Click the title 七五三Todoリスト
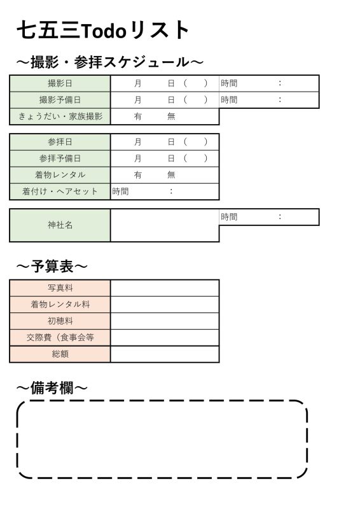(103, 30)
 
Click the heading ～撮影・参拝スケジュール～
(110, 62)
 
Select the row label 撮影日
(60, 83)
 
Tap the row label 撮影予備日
(60, 100)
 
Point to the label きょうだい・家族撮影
(60, 116)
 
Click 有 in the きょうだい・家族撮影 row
(138, 116)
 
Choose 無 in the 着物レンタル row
(171, 175)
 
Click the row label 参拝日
(60, 142)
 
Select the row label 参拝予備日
(60, 158)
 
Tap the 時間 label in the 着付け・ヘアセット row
(120, 192)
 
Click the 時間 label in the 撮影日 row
(229, 83)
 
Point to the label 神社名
(60, 225)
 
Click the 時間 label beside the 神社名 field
(229, 217)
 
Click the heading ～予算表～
(52, 267)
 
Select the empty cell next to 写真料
(165, 288)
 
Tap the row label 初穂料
(60, 321)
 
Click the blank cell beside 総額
(165, 354)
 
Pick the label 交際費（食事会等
(60, 338)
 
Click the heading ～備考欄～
(52, 388)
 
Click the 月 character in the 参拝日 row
(138, 142)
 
